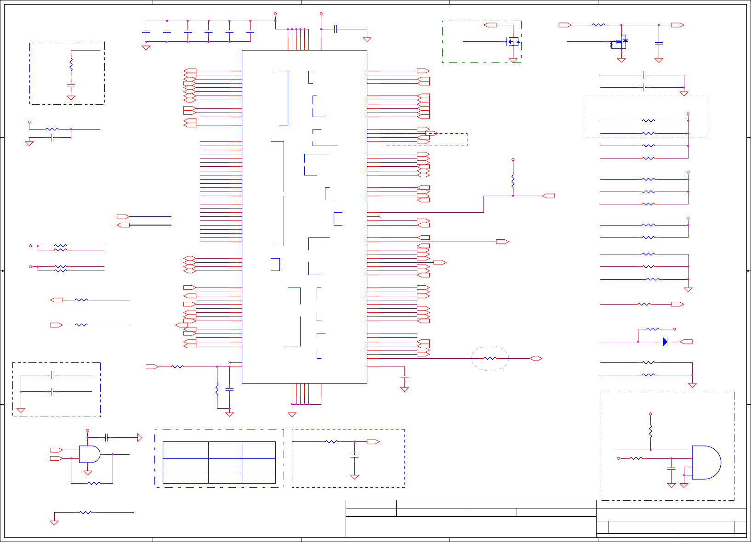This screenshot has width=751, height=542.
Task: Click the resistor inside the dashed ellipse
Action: tap(490, 358)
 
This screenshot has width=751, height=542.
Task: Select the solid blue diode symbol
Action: tap(665, 342)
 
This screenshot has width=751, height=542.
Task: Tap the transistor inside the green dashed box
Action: tap(513, 42)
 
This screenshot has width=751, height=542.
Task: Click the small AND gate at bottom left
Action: tap(89, 454)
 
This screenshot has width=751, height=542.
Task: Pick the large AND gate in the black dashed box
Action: tap(706, 462)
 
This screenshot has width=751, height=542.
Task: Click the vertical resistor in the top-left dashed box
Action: tap(71, 64)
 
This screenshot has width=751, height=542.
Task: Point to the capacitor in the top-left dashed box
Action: tap(71, 85)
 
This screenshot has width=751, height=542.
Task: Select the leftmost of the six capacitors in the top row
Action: tap(146, 31)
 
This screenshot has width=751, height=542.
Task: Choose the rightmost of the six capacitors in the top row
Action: tap(250, 31)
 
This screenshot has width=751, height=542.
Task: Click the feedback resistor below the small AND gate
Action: tap(94, 483)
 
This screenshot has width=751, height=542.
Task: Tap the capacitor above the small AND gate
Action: tap(106, 437)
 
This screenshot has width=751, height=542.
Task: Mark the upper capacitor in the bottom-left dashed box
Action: tap(52, 375)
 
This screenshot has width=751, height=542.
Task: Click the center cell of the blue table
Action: tap(225, 464)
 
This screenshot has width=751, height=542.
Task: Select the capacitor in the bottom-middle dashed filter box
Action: tap(354, 456)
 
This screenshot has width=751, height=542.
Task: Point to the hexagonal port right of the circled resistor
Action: tap(536, 358)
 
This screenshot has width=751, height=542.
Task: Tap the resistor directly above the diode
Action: tap(653, 329)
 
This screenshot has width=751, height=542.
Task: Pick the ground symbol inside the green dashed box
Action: tap(513, 60)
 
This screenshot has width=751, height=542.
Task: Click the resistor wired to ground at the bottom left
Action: tap(85, 512)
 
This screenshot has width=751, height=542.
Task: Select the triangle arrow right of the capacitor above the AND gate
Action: tap(140, 438)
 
